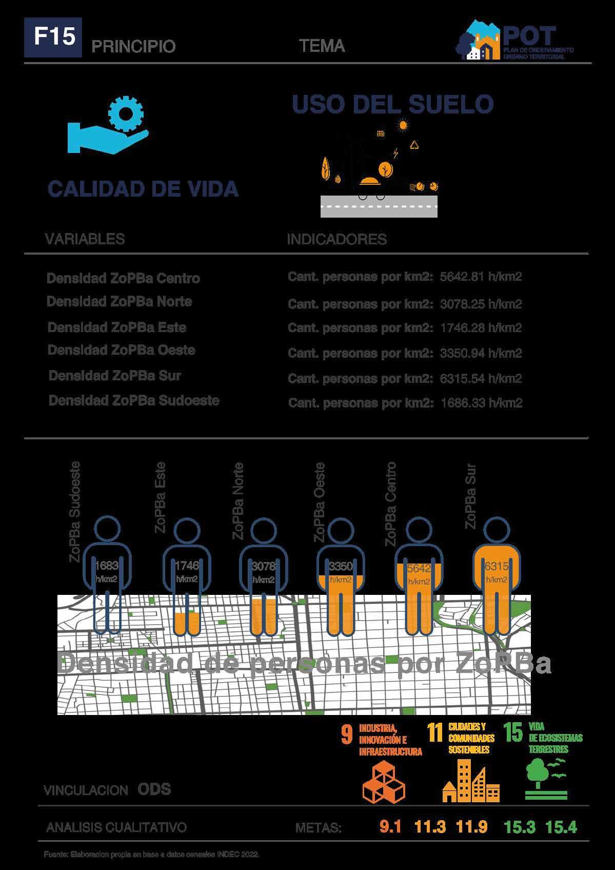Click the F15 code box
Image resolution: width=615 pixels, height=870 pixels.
(53, 37)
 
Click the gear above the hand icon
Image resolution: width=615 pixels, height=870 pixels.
(126, 112)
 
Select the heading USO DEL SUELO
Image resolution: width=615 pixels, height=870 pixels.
(392, 104)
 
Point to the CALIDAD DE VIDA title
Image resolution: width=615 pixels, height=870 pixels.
(143, 189)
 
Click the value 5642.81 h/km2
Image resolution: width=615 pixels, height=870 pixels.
(481, 277)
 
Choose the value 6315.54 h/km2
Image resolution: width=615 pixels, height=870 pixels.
(481, 379)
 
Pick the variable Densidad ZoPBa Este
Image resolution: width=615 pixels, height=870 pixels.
(117, 327)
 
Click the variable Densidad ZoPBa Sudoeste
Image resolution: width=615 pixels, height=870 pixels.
(134, 400)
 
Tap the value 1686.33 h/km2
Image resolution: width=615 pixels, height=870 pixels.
(481, 403)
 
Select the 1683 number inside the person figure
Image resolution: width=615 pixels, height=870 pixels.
(107, 566)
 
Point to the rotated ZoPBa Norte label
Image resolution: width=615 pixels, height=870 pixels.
(238, 500)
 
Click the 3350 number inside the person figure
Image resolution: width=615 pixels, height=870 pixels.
(341, 567)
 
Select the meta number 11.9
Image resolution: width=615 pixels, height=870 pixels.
(471, 827)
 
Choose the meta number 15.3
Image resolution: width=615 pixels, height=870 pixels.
(519, 827)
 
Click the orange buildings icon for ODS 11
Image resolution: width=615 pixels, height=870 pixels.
(470, 781)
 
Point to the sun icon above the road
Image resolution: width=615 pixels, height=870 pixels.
(403, 124)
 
